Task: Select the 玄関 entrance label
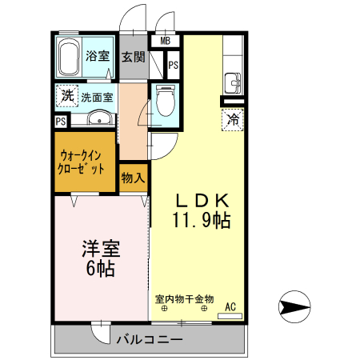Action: click(x=133, y=57)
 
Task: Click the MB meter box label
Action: click(x=165, y=41)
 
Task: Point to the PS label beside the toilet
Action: click(x=173, y=63)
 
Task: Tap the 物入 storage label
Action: click(x=133, y=177)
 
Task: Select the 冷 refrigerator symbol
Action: click(x=233, y=120)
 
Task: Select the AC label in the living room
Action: click(x=230, y=306)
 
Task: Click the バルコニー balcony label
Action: click(x=149, y=340)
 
